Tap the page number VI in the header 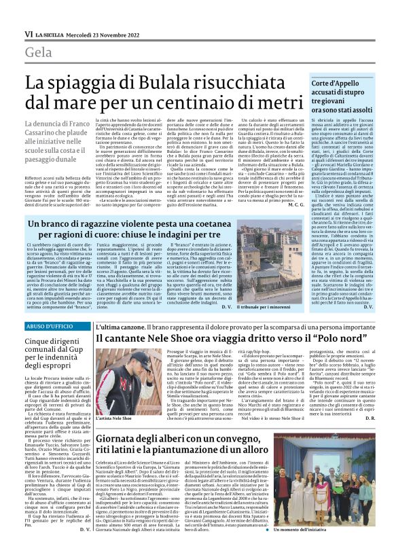29,33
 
